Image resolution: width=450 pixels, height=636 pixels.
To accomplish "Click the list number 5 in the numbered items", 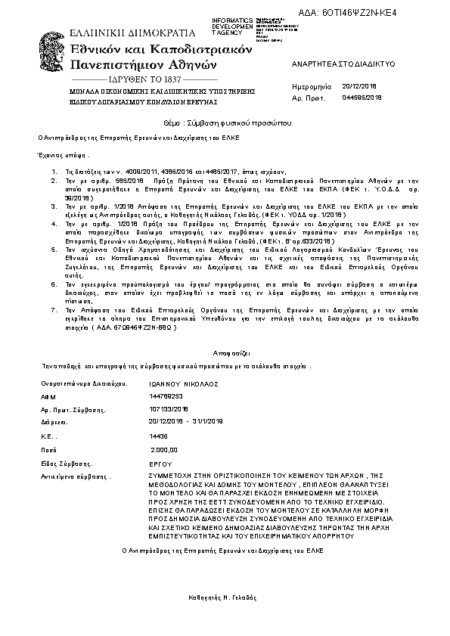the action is point(54,248).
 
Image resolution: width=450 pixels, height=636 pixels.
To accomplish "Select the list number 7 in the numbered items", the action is point(54,311).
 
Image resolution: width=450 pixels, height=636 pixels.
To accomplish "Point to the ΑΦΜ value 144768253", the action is point(167,396).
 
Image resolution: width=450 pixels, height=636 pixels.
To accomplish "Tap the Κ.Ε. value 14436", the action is point(159,436).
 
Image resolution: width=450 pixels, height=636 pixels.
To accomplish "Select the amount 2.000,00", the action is point(164,449).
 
